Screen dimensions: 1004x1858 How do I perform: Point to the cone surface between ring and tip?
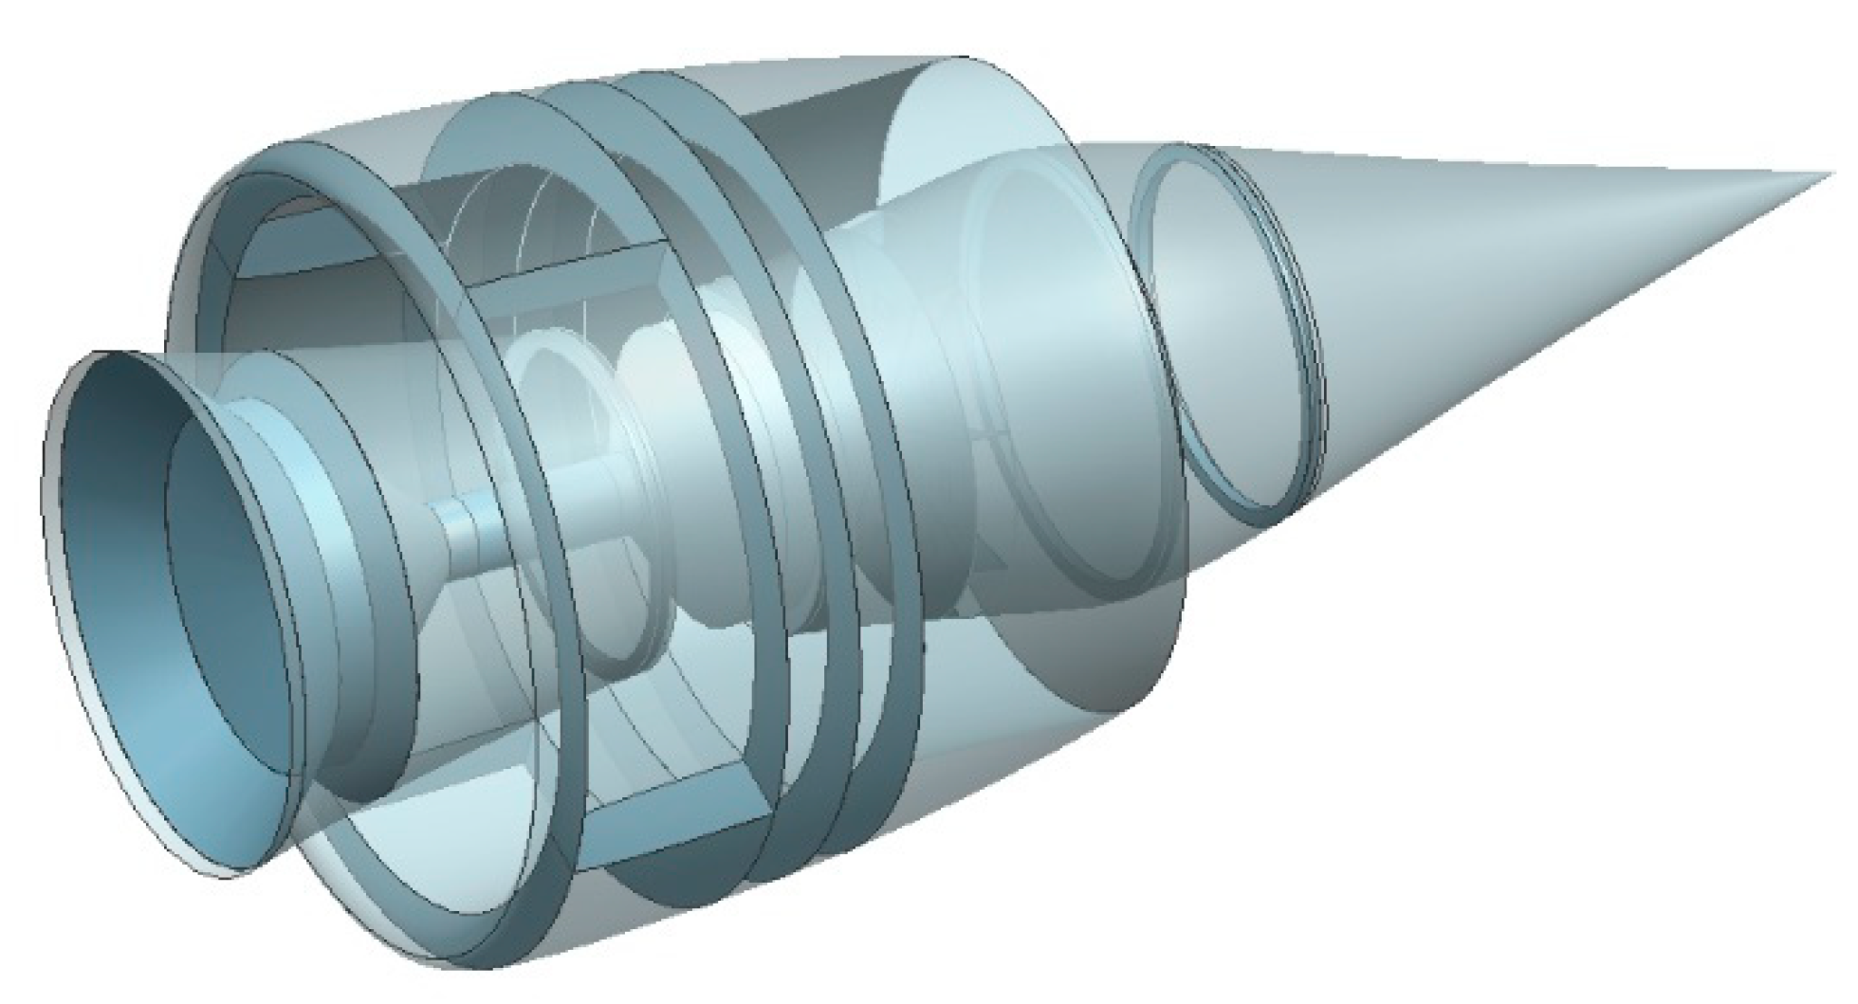1518,265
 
